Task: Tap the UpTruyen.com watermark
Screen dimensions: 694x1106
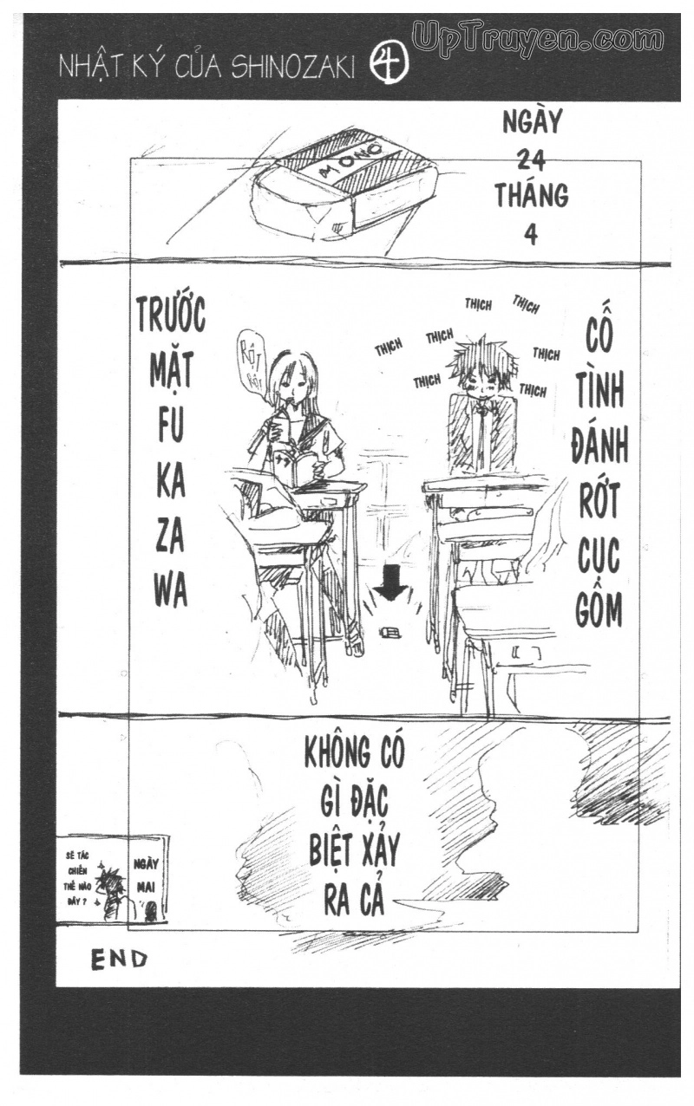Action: [x=538, y=38]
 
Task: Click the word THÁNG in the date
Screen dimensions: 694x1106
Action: [x=531, y=196]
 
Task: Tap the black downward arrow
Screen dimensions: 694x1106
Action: [x=391, y=582]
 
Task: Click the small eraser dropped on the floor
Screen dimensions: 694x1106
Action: [x=390, y=632]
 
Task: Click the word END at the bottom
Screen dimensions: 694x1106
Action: [x=119, y=959]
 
